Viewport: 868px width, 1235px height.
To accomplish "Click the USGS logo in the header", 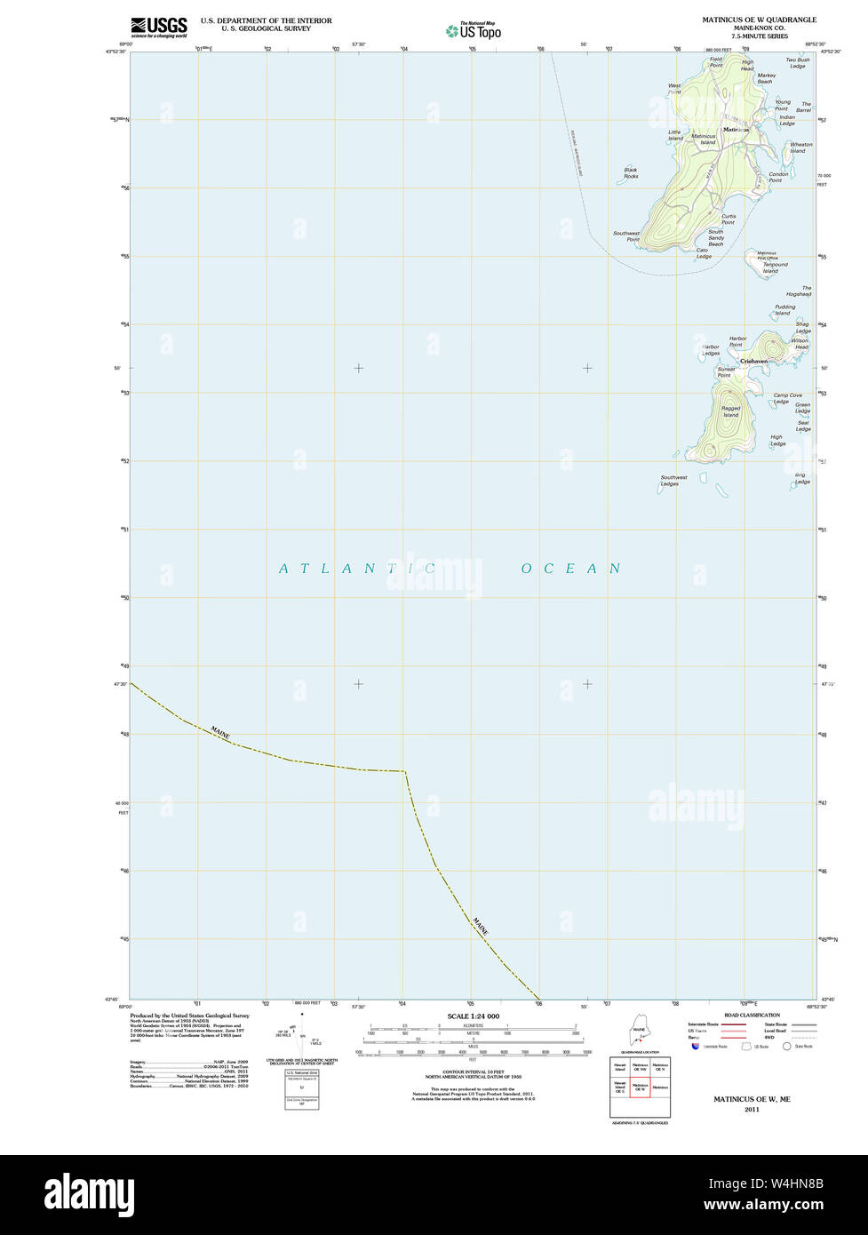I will tap(159, 27).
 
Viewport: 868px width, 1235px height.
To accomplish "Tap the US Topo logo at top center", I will tap(474, 30).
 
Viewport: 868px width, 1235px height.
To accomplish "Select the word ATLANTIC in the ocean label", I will tap(355, 569).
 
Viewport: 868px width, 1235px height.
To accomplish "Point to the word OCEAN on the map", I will tap(570, 569).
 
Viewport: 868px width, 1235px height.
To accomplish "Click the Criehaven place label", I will tap(753, 361).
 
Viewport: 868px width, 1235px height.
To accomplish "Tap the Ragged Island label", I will tap(730, 411).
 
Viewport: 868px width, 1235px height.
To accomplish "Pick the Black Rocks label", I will tap(631, 173).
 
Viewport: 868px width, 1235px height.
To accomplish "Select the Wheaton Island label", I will tap(800, 147).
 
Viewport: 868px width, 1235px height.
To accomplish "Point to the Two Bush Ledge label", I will tap(797, 63).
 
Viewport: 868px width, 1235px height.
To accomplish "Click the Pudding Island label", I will tap(784, 310).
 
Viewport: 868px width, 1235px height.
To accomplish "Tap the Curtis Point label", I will tap(729, 219).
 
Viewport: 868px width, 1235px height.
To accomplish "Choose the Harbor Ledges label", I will tap(711, 350).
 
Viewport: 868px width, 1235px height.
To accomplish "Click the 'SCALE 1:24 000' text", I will tap(473, 1016).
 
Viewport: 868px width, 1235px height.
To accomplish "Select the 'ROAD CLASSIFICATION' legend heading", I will tap(752, 1015).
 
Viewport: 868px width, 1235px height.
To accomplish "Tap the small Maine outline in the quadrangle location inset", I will tap(639, 1035).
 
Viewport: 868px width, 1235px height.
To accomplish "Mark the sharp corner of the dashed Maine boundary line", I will tap(406, 771).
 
